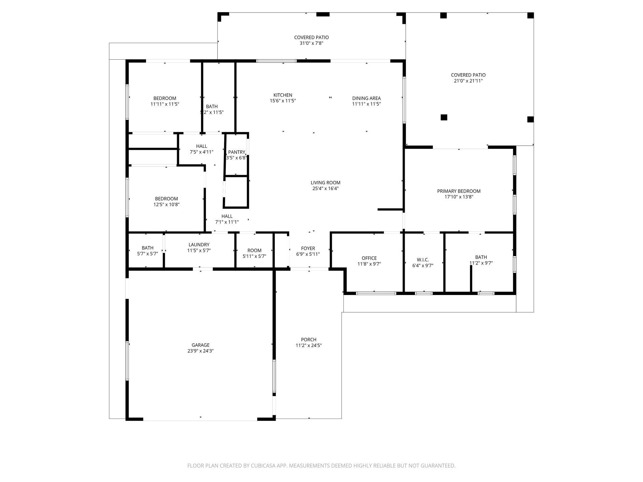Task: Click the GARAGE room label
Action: pos(201,345)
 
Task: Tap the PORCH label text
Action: pos(309,340)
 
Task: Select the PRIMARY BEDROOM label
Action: pos(459,191)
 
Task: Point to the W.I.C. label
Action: pos(423,260)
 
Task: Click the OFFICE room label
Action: pos(369,258)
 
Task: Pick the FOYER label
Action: pos(308,248)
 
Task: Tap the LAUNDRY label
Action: pos(199,245)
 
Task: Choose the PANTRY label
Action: pos(236,152)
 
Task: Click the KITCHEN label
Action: pos(283,95)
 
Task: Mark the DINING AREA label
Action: pos(366,98)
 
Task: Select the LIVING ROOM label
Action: pos(326,183)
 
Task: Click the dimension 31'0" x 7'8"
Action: pos(311,43)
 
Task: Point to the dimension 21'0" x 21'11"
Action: pos(468,81)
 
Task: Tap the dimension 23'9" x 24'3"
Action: pos(201,351)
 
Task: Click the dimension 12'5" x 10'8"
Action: pos(166,205)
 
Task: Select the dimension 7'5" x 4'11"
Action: pos(202,152)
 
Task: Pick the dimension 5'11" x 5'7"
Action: pos(254,256)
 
